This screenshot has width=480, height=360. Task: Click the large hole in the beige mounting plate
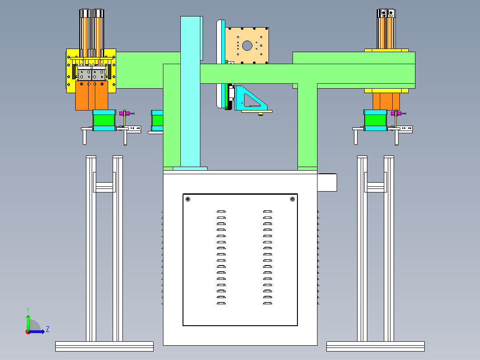(247, 45)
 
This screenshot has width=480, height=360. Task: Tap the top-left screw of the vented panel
(188, 199)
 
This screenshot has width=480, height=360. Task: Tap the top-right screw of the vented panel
(293, 199)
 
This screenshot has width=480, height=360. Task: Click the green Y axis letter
(28, 310)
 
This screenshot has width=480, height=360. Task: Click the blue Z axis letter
(48, 329)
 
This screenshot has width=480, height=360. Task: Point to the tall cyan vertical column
(191, 91)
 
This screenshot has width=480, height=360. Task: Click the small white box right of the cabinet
(327, 183)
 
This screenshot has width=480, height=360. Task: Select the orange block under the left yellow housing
(92, 95)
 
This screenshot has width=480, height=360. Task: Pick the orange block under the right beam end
(386, 101)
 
